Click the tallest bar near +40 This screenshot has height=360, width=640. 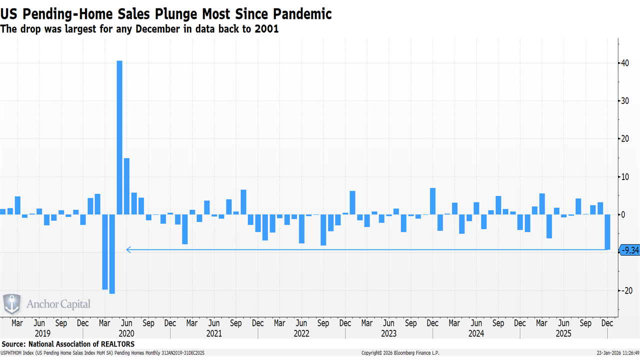pyautogui.click(x=119, y=137)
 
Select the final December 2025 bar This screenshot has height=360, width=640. pyautogui.click(x=607, y=232)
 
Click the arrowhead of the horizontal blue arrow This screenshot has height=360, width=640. pyautogui.click(x=128, y=249)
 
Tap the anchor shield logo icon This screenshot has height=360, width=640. pyautogui.click(x=12, y=304)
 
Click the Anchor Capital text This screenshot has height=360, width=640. pyautogui.click(x=58, y=304)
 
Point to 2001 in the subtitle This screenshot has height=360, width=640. pyautogui.click(x=266, y=29)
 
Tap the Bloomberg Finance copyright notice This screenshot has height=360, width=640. pyautogui.click(x=400, y=353)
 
